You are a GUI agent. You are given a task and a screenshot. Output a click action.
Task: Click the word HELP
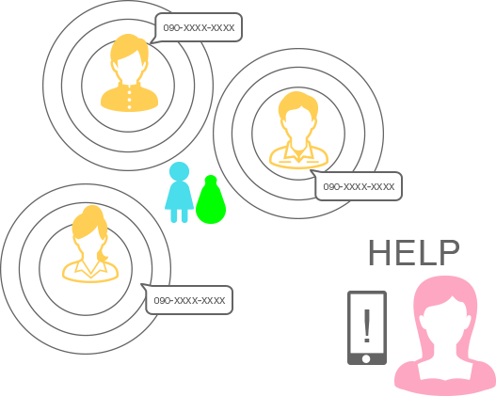pyautogui.click(x=414, y=252)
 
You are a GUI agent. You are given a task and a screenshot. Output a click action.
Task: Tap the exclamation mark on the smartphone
pyautogui.click(x=367, y=325)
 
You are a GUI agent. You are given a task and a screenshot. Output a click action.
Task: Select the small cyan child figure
pyautogui.click(x=179, y=193)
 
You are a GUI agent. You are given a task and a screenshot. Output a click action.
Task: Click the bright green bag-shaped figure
pyautogui.click(x=211, y=199)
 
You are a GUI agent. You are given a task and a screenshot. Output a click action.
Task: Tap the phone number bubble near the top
pyautogui.click(x=199, y=27)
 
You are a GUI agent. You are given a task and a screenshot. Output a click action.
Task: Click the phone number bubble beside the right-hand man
pyautogui.click(x=359, y=186)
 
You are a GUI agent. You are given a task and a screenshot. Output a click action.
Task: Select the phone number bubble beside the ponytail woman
pyautogui.click(x=189, y=300)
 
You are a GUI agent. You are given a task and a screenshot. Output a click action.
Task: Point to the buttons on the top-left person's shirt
pyautogui.click(x=129, y=100)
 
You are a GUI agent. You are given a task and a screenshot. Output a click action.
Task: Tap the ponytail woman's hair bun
pyautogui.click(x=92, y=211)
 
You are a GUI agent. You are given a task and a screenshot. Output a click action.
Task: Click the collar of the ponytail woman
pyautogui.click(x=90, y=268)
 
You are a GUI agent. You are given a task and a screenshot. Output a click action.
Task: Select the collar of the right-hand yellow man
pyautogui.click(x=299, y=151)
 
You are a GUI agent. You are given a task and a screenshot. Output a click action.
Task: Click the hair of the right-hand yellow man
pyautogui.click(x=297, y=105)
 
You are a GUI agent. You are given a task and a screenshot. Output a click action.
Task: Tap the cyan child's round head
pyautogui.click(x=180, y=171)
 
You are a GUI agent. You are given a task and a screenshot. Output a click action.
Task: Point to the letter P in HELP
pyautogui.click(x=450, y=252)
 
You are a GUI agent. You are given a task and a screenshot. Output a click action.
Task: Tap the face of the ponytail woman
pyautogui.click(x=90, y=247)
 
